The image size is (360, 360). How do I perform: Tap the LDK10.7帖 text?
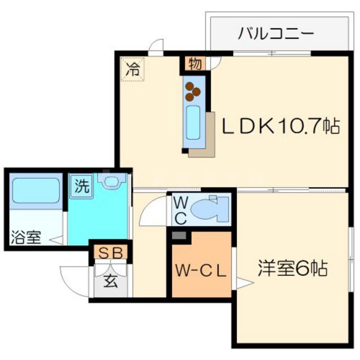click(279, 126)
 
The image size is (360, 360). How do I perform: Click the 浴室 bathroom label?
click(25, 237)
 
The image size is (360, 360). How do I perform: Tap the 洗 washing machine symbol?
click(81, 187)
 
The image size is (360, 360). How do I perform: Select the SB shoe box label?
click(111, 253)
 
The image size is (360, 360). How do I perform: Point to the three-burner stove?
click(193, 89)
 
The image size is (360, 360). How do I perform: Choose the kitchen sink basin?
click(193, 123)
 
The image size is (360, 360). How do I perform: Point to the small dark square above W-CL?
click(179, 236)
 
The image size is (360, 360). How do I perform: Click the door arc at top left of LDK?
click(157, 46)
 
